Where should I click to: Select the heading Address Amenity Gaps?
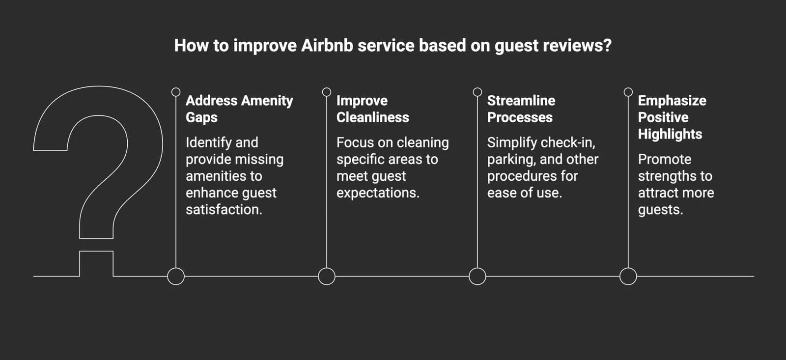pyautogui.click(x=239, y=109)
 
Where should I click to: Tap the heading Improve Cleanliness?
pyautogui.click(x=372, y=109)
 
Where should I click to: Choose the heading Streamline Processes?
pyautogui.click(x=521, y=109)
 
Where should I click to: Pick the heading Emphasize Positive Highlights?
pyautogui.click(x=672, y=117)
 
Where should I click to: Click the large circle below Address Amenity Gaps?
pyautogui.click(x=176, y=276)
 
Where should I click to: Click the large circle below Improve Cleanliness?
pyautogui.click(x=327, y=276)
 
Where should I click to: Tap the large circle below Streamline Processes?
pyautogui.click(x=477, y=276)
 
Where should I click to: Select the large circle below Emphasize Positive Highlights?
pyautogui.click(x=628, y=276)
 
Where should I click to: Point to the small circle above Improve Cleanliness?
pyautogui.click(x=327, y=92)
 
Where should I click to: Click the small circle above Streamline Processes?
pyautogui.click(x=477, y=92)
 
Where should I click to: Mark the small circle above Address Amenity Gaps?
pyautogui.click(x=176, y=92)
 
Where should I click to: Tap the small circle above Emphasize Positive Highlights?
pyautogui.click(x=628, y=92)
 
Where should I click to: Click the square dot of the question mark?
pyautogui.click(x=96, y=264)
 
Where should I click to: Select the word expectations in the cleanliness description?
pyautogui.click(x=377, y=193)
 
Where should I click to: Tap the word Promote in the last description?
pyautogui.click(x=664, y=159)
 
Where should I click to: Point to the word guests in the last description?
pyautogui.click(x=659, y=210)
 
